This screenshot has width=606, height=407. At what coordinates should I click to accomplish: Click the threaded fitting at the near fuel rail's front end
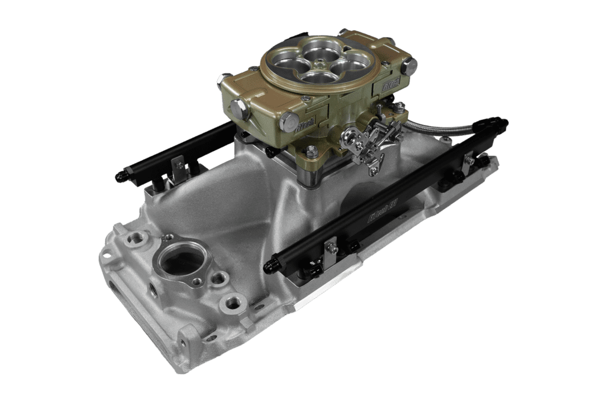[x=276, y=258]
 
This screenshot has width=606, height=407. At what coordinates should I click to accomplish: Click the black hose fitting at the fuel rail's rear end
[x=495, y=123]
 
